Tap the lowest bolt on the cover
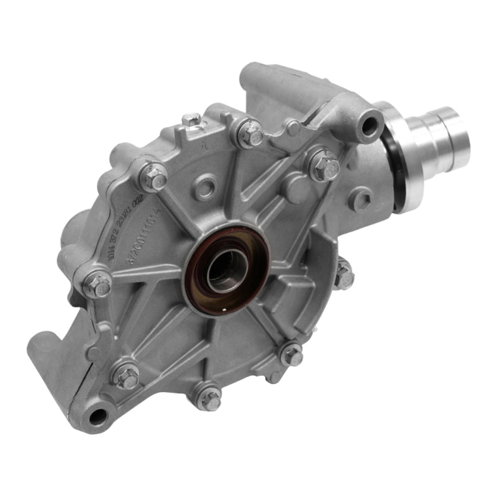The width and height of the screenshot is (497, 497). [210, 398]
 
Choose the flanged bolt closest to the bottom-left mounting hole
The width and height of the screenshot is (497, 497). [127, 376]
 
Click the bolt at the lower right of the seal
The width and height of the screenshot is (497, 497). [291, 356]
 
